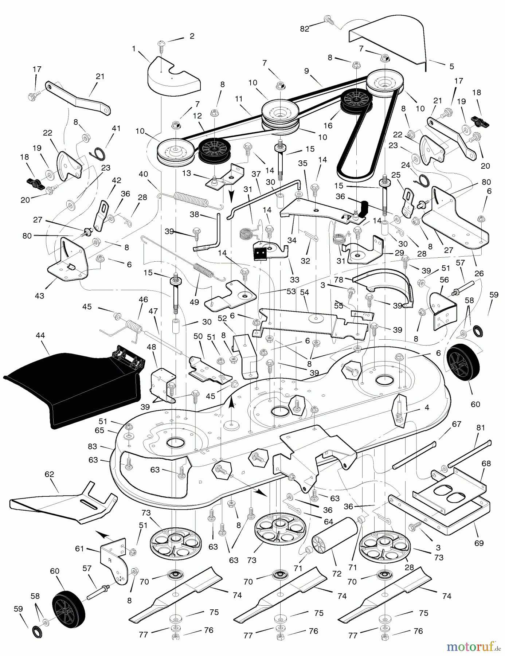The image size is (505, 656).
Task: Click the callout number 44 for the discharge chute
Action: pos(40,335)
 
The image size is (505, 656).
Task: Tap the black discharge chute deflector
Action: pos(73,386)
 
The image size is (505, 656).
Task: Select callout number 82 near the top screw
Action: pos(305,29)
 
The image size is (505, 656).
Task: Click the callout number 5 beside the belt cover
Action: pos(451,66)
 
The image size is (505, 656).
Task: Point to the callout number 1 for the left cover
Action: pos(134,48)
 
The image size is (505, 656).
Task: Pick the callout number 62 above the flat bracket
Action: pos(49,474)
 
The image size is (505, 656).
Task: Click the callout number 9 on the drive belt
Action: pos(307,71)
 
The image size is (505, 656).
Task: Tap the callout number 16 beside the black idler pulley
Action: pos(328,125)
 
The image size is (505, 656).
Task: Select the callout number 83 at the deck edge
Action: pos(93,446)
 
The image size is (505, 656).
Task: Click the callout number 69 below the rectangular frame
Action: pos(479,543)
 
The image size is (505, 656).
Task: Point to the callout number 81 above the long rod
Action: pos(481,427)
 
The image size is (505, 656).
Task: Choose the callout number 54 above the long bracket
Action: pos(304,292)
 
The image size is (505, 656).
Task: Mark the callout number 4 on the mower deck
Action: pos(427,407)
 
